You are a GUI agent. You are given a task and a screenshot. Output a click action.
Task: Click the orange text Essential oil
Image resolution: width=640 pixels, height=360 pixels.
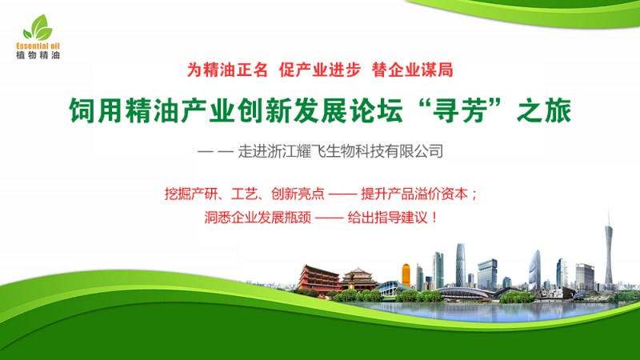tap(38, 46)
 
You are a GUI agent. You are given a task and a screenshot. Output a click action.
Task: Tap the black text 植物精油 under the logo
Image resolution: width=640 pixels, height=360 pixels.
tap(38, 54)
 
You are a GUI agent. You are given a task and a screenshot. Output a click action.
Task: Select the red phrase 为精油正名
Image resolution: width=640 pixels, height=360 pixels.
tap(227, 70)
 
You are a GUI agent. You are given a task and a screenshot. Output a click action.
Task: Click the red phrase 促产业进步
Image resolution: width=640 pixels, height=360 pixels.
tap(320, 70)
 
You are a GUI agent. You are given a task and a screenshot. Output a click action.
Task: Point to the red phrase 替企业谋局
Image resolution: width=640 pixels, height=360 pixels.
tap(412, 70)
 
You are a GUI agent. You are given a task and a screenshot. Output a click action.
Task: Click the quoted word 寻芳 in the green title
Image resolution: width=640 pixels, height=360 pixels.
tap(461, 110)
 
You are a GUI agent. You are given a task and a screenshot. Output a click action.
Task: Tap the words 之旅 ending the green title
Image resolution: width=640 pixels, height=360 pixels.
tap(544, 110)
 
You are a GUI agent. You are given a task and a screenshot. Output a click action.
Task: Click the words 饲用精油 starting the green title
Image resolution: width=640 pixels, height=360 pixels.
tap(124, 110)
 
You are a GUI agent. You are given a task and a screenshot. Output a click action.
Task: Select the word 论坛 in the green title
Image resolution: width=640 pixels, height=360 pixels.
tap(376, 110)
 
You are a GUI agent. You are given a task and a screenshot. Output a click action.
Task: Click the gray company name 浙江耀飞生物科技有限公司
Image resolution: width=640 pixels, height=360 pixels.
tap(356, 151)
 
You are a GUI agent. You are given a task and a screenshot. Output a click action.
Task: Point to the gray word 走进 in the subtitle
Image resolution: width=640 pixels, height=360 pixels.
tap(253, 151)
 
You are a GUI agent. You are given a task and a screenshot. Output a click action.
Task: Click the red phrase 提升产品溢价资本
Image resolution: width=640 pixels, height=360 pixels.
tap(414, 194)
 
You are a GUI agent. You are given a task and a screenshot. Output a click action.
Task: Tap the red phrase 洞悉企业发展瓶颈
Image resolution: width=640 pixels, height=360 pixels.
tap(258, 217)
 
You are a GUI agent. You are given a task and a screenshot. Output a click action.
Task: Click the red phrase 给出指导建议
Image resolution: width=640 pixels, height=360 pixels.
tap(387, 217)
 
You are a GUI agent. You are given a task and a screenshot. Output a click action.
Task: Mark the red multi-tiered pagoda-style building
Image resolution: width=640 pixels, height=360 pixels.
tap(318, 278)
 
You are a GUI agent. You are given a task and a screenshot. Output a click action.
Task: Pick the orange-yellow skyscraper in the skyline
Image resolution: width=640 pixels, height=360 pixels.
tap(406, 275)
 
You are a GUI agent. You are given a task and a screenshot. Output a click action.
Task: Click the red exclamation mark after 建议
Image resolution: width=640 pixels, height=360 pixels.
tap(434, 217)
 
